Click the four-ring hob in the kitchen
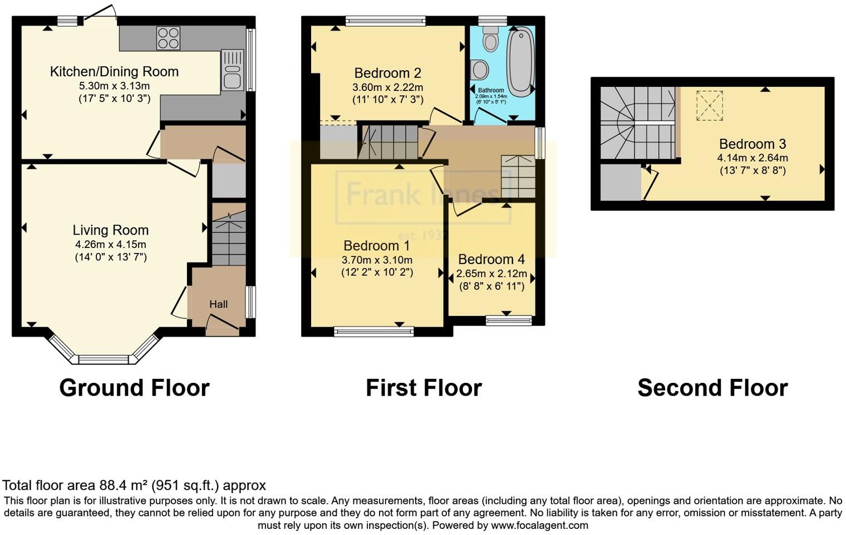coord(168,38)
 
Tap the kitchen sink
coord(232,70)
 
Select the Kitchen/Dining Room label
coord(114,71)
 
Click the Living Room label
coord(111,230)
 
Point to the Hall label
coord(218,304)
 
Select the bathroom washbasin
coord(479,70)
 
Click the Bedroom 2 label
coord(387,73)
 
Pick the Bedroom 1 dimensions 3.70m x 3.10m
coord(377,260)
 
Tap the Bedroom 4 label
coord(491,260)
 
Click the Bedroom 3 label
coord(752,144)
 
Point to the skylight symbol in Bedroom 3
coord(710,106)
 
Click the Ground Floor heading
coord(134,388)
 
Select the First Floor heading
coord(424,388)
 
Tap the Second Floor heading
coord(712,388)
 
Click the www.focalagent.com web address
coord(539,525)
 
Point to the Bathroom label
coord(490,90)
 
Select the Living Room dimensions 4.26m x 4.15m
coord(111,244)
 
